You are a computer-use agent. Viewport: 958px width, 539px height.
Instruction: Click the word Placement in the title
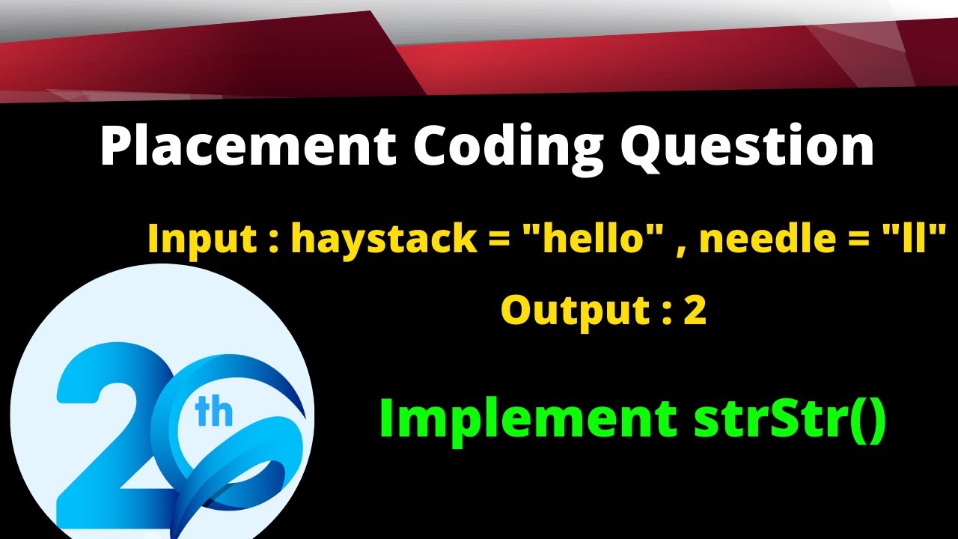coord(248,147)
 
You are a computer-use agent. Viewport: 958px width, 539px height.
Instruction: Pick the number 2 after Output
coord(695,310)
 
